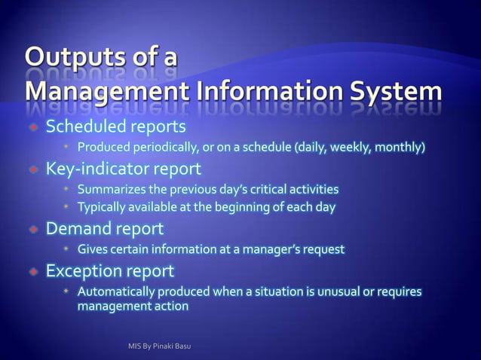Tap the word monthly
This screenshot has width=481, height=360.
pyautogui.click(x=402, y=146)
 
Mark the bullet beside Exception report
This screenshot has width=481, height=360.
pyautogui.click(x=33, y=270)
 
